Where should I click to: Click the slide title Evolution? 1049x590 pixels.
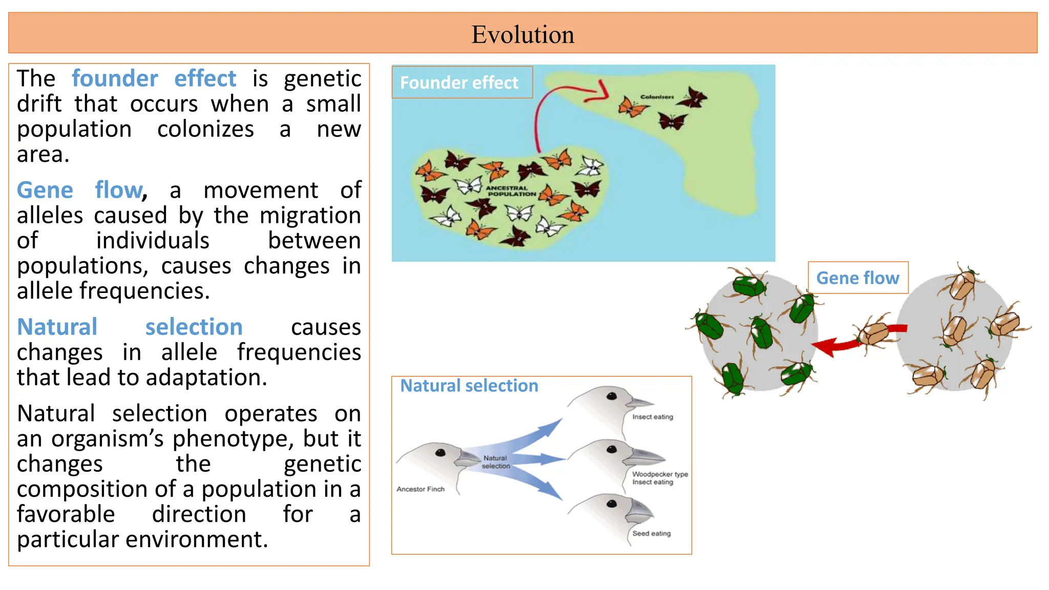coord(522,34)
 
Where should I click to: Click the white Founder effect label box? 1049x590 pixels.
coord(461,82)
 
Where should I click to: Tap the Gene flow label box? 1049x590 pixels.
coord(857,278)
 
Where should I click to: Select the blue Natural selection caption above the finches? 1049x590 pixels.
coord(469,386)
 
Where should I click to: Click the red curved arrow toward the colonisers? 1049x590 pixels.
coord(543,110)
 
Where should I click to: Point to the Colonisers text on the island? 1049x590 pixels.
coord(657,97)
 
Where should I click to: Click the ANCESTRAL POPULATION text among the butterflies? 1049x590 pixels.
coord(510,191)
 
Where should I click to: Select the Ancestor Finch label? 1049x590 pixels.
coord(421,489)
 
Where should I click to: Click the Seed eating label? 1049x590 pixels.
coord(651,533)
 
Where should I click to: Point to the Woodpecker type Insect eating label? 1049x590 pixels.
coord(660,478)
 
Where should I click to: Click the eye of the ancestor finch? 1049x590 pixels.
coord(440,452)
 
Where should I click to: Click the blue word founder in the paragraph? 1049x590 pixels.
coord(115,79)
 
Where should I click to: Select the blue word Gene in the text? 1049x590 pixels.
coord(45,191)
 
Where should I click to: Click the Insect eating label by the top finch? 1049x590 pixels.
coord(652,417)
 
